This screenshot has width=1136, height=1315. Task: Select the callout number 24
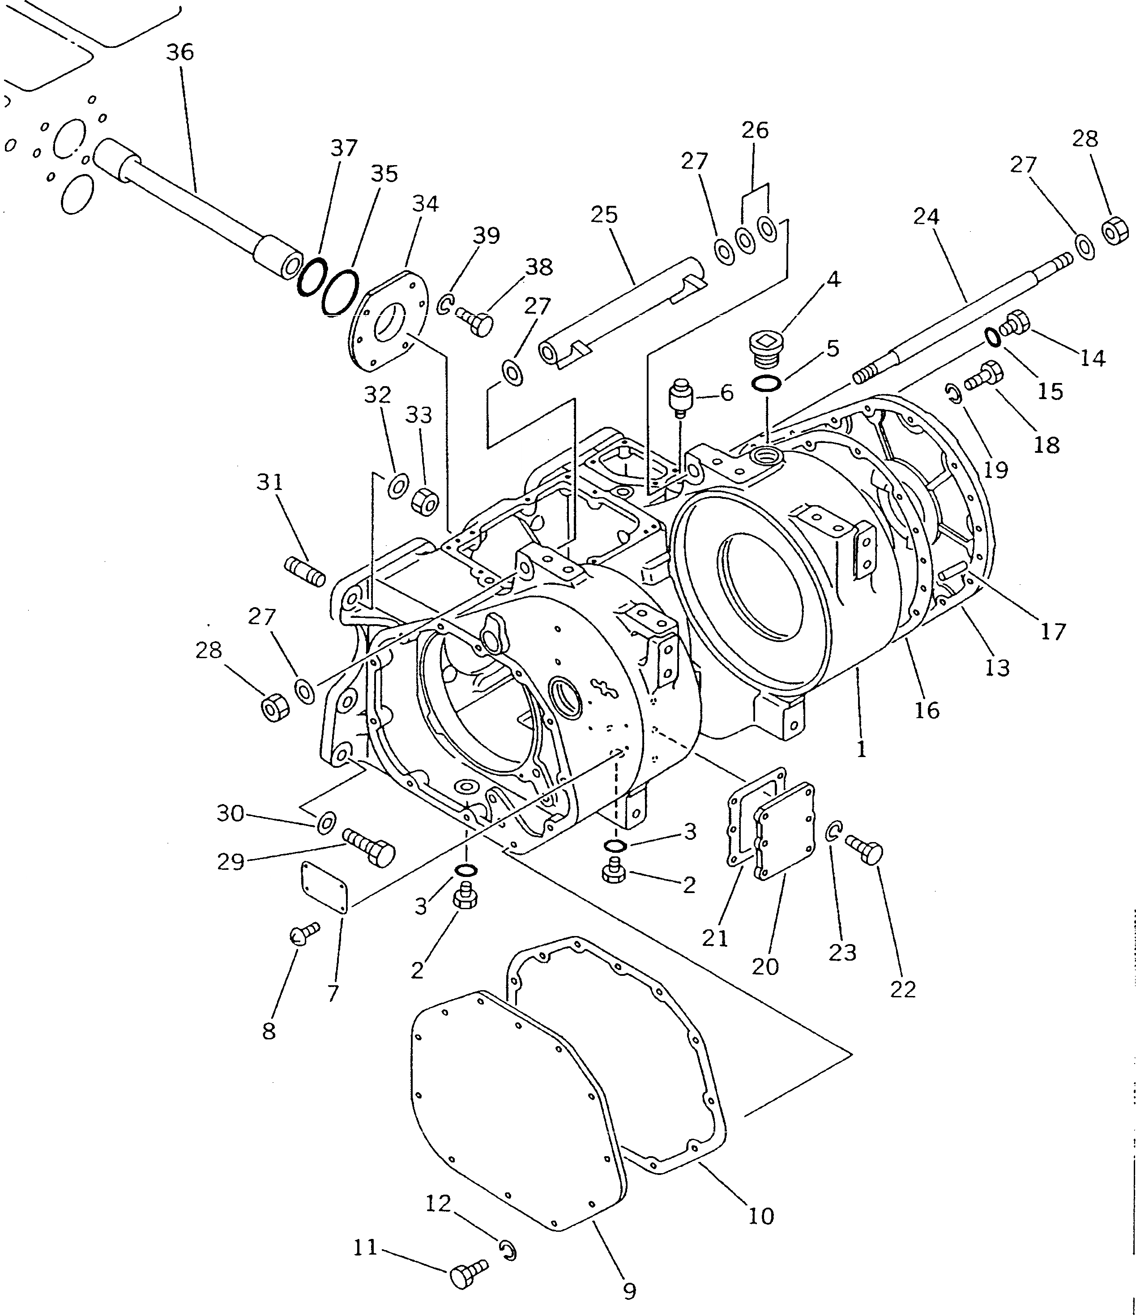[x=926, y=217]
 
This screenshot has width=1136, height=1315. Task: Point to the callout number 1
[x=861, y=749]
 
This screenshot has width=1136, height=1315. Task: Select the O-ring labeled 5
[x=766, y=384]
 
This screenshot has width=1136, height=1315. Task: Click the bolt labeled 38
[x=477, y=323]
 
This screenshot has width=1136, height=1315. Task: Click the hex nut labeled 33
[x=424, y=502]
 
